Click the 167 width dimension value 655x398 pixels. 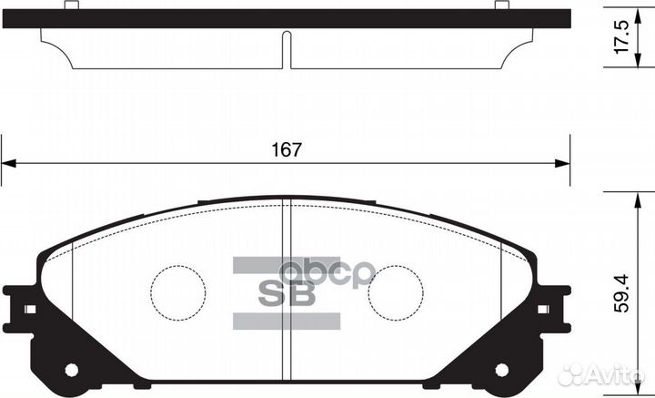(x=285, y=149)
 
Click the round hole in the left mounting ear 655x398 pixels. (x=71, y=369)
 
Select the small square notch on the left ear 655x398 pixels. (x=29, y=310)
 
